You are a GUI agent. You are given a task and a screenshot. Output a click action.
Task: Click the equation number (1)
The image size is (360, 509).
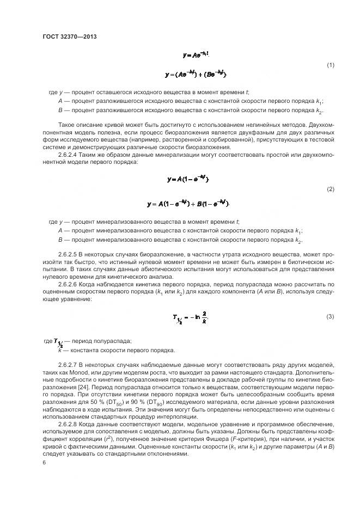click(330, 65)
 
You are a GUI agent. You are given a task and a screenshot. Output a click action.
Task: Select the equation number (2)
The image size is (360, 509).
click(330, 189)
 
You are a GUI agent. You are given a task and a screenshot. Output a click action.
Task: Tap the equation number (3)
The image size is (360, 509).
click(330, 316)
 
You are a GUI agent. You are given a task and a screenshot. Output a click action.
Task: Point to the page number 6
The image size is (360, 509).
click(44, 463)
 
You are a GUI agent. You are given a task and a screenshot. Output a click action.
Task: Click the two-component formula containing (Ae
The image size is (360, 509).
click(196, 74)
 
